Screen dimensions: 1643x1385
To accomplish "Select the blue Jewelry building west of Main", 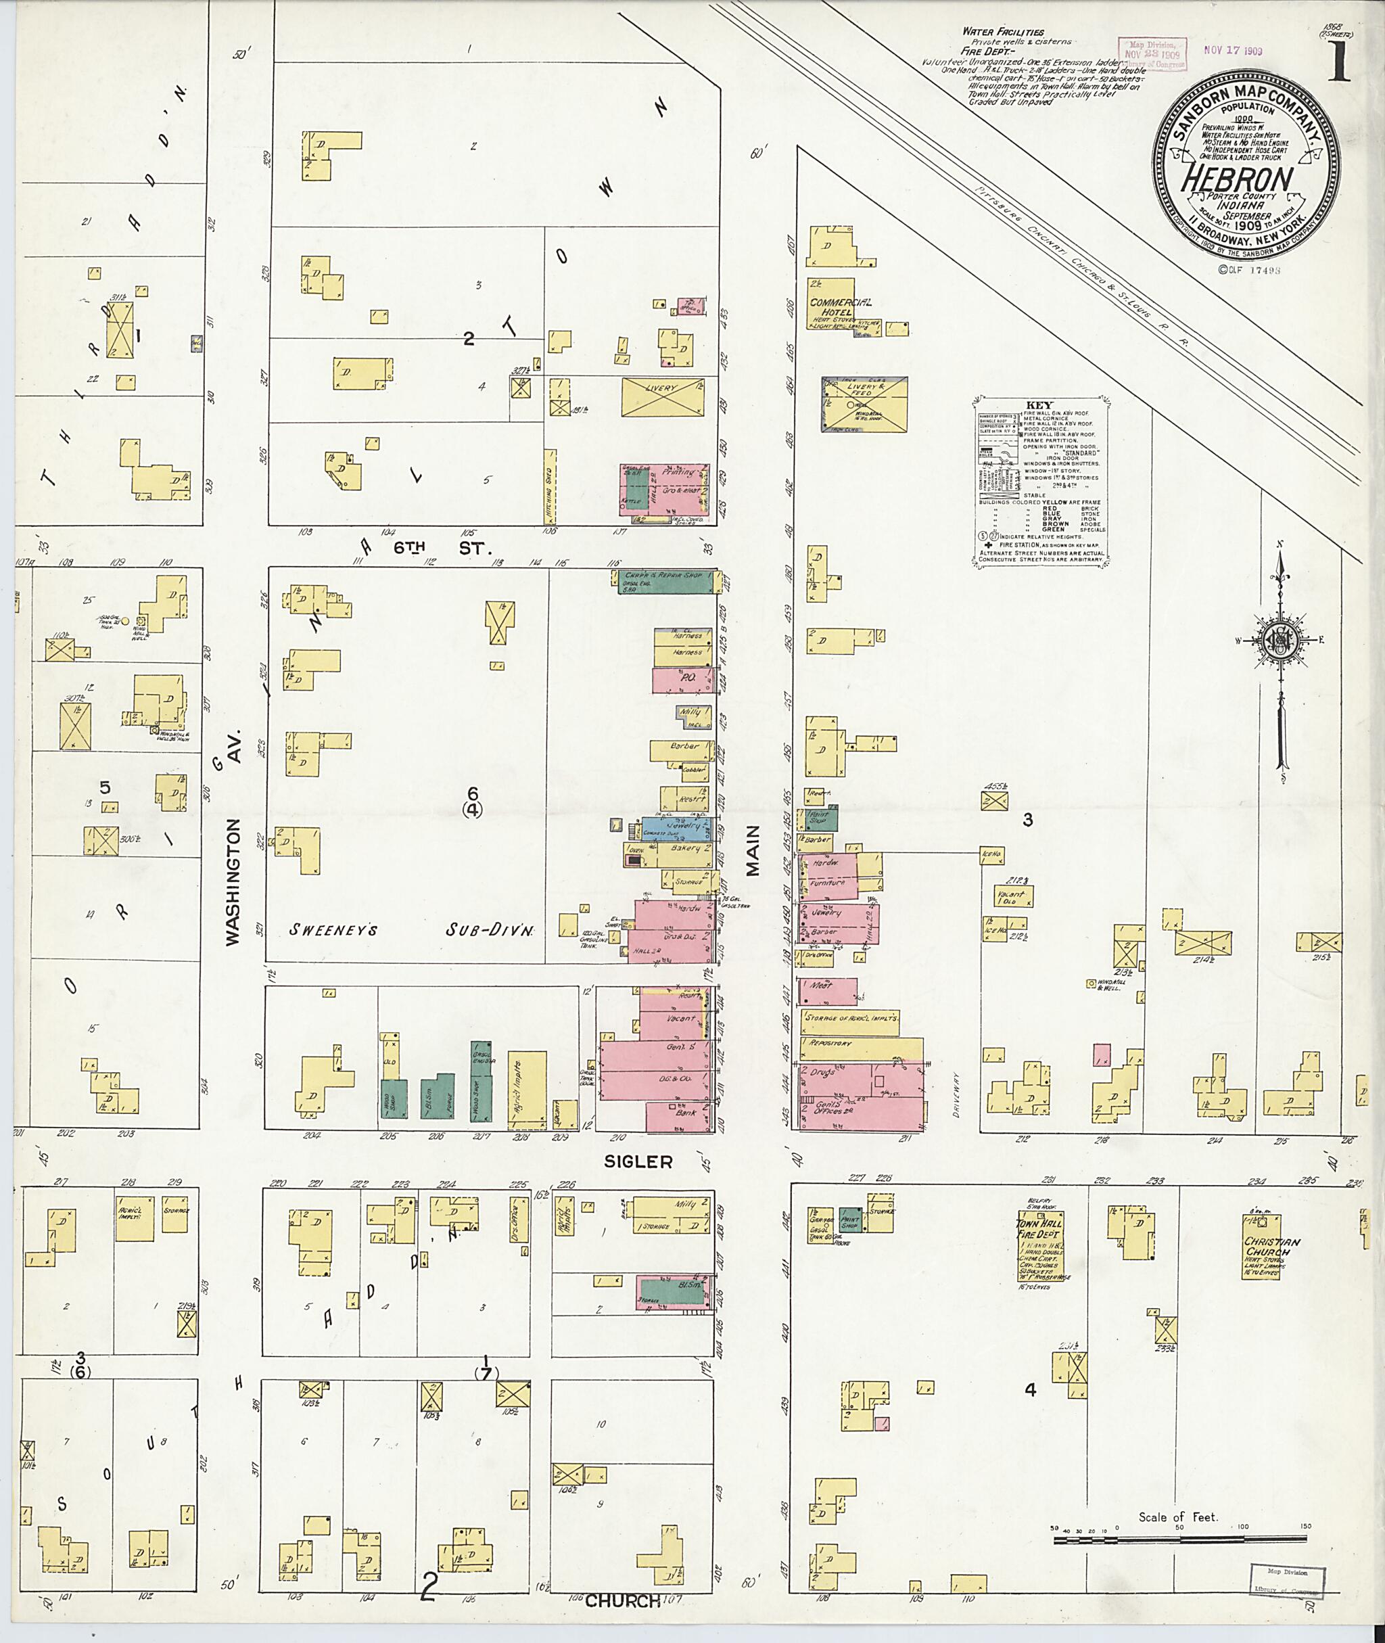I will click(677, 828).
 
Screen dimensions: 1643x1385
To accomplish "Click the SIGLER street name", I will click(638, 1161).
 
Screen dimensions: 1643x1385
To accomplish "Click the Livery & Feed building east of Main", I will click(864, 404).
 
